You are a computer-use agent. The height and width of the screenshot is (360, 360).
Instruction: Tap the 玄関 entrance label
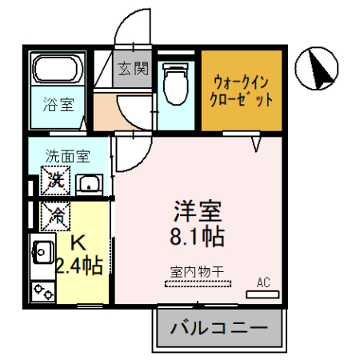click(x=134, y=69)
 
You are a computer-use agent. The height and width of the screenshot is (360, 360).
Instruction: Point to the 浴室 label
click(x=55, y=102)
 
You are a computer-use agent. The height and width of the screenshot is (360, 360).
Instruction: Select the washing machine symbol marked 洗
click(x=56, y=181)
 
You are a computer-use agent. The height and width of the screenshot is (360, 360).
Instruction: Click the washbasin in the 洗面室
click(x=89, y=185)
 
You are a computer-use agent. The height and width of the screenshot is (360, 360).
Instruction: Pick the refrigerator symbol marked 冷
click(x=56, y=214)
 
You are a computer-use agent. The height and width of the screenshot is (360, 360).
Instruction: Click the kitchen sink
click(x=42, y=255)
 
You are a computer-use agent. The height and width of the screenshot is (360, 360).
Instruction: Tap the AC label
click(x=264, y=282)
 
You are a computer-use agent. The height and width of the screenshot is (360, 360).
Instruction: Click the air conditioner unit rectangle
click(x=264, y=294)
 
